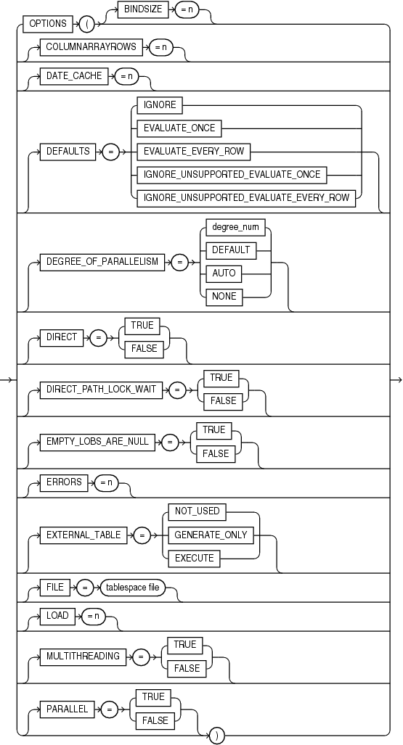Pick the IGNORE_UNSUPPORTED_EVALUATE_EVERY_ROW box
coord(246,198)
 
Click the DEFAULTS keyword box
coord(69,152)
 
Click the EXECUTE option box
coord(194,559)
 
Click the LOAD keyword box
coord(57,617)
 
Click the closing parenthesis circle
coord(216,735)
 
